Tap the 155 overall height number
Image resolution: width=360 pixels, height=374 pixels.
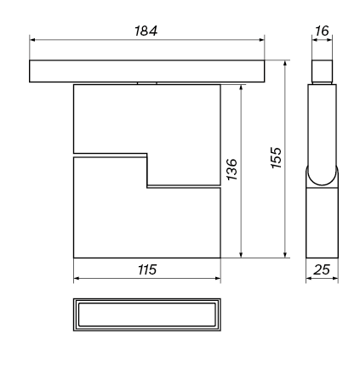275,158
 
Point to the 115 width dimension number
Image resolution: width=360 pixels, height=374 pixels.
147,269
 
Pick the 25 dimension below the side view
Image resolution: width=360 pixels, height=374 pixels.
322,270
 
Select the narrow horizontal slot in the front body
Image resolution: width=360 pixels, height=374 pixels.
111,156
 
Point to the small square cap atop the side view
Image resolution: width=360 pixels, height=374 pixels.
322,70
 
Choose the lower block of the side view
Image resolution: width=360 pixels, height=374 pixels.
322,221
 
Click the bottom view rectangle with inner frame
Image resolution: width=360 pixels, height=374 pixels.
147,317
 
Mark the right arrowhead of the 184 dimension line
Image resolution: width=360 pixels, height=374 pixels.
261,39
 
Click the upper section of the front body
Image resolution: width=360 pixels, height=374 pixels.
147,119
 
